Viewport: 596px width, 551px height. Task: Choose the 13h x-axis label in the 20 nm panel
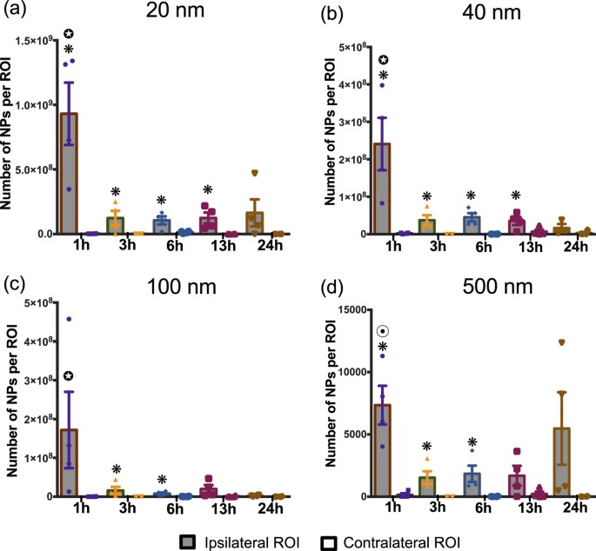pos(207,246)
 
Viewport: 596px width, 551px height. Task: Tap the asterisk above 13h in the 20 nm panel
pos(208,190)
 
